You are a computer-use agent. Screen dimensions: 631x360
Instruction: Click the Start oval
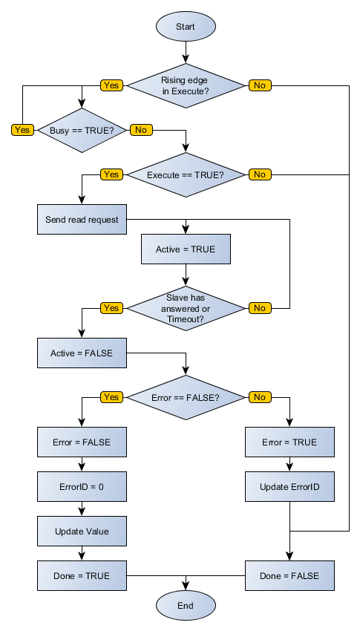coord(186,26)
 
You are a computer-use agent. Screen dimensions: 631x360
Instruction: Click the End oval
coord(186,606)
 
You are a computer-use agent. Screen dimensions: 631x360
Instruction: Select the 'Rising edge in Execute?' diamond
coord(186,85)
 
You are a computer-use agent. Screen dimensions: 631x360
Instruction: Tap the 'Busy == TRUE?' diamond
coord(82,130)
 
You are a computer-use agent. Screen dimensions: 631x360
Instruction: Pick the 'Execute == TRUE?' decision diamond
coord(186,174)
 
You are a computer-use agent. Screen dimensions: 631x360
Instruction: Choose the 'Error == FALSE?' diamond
coord(186,397)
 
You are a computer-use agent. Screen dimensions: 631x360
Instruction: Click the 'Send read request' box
coord(82,220)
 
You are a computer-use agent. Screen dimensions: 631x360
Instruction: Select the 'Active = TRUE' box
coord(186,249)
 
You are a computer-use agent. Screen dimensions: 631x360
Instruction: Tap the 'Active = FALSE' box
coord(82,353)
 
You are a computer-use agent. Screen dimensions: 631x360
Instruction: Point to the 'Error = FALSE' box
coord(82,442)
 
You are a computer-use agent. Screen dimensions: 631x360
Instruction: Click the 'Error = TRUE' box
coord(289,442)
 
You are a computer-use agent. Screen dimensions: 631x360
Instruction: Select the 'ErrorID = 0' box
coord(82,487)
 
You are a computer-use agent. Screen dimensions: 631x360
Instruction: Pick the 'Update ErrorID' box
coord(289,487)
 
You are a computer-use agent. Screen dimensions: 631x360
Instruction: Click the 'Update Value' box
coord(82,532)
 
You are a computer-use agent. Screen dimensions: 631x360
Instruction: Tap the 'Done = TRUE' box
coord(82,576)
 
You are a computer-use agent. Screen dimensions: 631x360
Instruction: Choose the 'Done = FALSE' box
coord(289,576)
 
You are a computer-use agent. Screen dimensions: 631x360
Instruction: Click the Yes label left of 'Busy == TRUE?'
coord(22,130)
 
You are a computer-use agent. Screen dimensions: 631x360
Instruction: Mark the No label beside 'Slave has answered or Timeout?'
coord(260,308)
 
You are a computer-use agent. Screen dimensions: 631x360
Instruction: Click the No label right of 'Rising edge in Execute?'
coord(260,85)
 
